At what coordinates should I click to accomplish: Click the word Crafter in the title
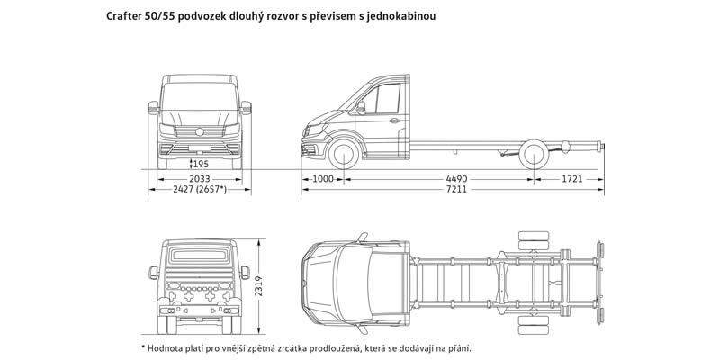coord(122,16)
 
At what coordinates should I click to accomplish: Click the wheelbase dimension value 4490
coord(456,179)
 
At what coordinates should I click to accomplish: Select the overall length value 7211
coord(456,189)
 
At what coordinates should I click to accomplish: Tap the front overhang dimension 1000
coord(323,179)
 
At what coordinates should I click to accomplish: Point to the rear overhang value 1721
coord(572,179)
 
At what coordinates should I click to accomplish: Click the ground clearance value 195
coord(201,164)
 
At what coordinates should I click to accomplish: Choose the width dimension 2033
coord(199,179)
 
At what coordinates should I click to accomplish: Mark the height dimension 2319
coord(258,285)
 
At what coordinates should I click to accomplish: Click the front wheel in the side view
coord(344,154)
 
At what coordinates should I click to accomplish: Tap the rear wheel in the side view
coord(534,154)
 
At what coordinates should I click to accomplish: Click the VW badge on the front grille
coord(199,132)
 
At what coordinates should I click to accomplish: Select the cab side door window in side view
coord(382,99)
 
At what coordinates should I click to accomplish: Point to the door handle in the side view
coord(394,121)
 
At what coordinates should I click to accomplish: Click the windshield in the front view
coord(199,96)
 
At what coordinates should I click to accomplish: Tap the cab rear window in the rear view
coord(199,255)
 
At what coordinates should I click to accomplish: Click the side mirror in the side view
coord(361,107)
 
